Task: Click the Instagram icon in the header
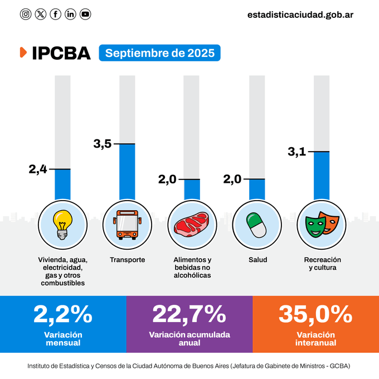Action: tap(26, 14)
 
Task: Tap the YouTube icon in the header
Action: tap(85, 14)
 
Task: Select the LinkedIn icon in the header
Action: tap(70, 14)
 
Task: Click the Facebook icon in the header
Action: tap(55, 14)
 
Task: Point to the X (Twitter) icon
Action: tap(41, 14)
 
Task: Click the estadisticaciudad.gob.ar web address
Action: tap(300, 14)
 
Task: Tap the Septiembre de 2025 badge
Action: tap(159, 53)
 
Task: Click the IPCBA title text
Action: tap(61, 53)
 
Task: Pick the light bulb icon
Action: tap(62, 224)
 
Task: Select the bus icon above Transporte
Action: tap(127, 224)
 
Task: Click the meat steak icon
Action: tap(191, 224)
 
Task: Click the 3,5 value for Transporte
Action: tap(103, 144)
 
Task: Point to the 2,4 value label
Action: tap(38, 169)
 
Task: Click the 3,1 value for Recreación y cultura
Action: tap(297, 152)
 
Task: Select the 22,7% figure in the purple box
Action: tap(189, 314)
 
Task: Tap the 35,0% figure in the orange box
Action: tap(315, 314)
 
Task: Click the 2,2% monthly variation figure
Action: tap(63, 314)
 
